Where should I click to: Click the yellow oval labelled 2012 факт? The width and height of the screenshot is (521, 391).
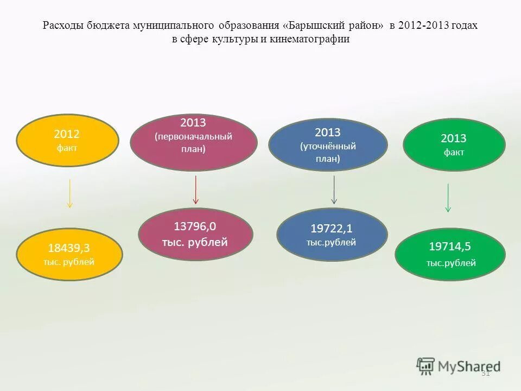(x=68, y=140)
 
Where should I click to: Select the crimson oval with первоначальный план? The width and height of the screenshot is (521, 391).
(x=194, y=142)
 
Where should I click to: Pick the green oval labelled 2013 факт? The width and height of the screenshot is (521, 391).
(x=454, y=144)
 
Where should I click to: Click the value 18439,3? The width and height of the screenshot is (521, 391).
(x=69, y=248)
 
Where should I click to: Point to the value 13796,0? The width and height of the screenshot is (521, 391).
(x=195, y=226)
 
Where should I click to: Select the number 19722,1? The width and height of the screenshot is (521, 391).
(x=331, y=229)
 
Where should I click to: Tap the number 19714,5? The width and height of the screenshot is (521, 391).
(x=450, y=247)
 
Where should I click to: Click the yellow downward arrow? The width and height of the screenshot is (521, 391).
(x=69, y=194)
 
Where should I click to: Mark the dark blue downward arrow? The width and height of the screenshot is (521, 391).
(x=334, y=190)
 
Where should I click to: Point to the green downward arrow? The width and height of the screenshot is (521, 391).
(x=448, y=198)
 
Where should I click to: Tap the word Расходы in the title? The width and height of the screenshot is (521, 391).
(x=60, y=26)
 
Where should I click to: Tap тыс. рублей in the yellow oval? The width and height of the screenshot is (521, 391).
(x=69, y=262)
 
